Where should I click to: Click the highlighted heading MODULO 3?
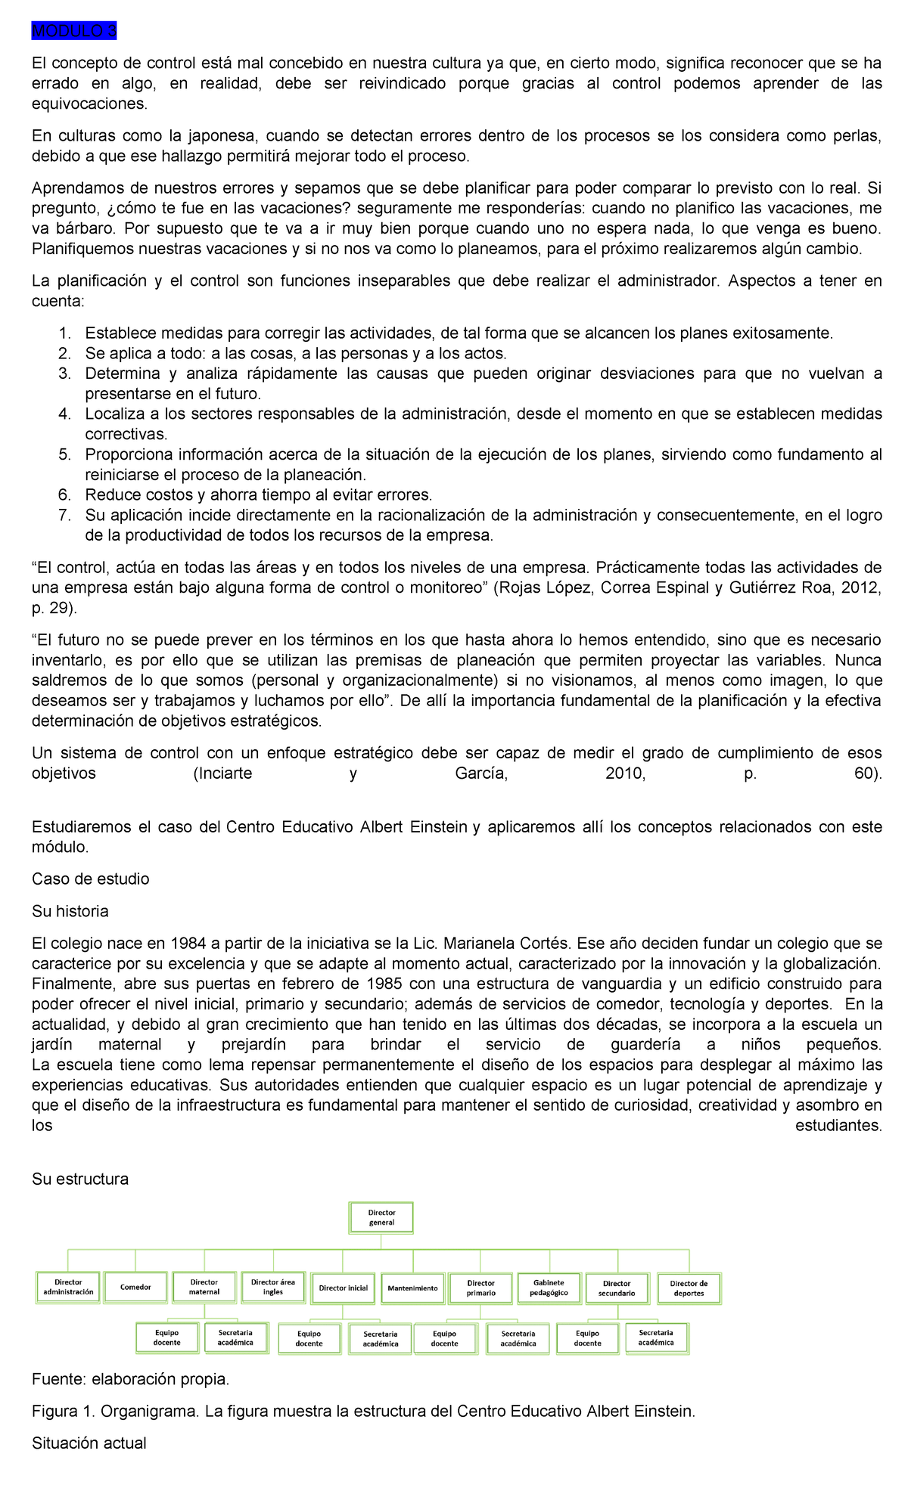pyautogui.click(x=74, y=31)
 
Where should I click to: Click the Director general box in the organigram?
pyautogui.click(x=382, y=1217)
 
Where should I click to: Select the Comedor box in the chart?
pyautogui.click(x=136, y=1287)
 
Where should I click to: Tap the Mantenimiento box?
pyautogui.click(x=412, y=1288)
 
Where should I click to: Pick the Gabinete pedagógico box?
pyautogui.click(x=549, y=1288)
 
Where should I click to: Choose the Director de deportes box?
pyautogui.click(x=689, y=1288)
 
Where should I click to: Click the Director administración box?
pyautogui.click(x=68, y=1287)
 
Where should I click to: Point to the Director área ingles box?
pyautogui.click(x=273, y=1287)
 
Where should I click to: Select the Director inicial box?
pyautogui.click(x=343, y=1288)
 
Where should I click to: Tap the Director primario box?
pyautogui.click(x=480, y=1288)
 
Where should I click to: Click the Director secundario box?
pyautogui.click(x=617, y=1288)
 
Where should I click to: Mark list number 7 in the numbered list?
pyautogui.click(x=64, y=516)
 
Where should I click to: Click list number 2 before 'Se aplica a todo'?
pyautogui.click(x=64, y=354)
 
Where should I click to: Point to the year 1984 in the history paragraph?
pyautogui.click(x=188, y=944)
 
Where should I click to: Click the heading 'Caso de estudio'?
pyautogui.click(x=90, y=879)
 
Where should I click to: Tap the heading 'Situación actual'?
pyautogui.click(x=89, y=1443)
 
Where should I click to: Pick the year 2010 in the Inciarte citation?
pyautogui.click(x=625, y=773)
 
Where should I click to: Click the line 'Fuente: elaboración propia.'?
pyautogui.click(x=130, y=1380)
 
